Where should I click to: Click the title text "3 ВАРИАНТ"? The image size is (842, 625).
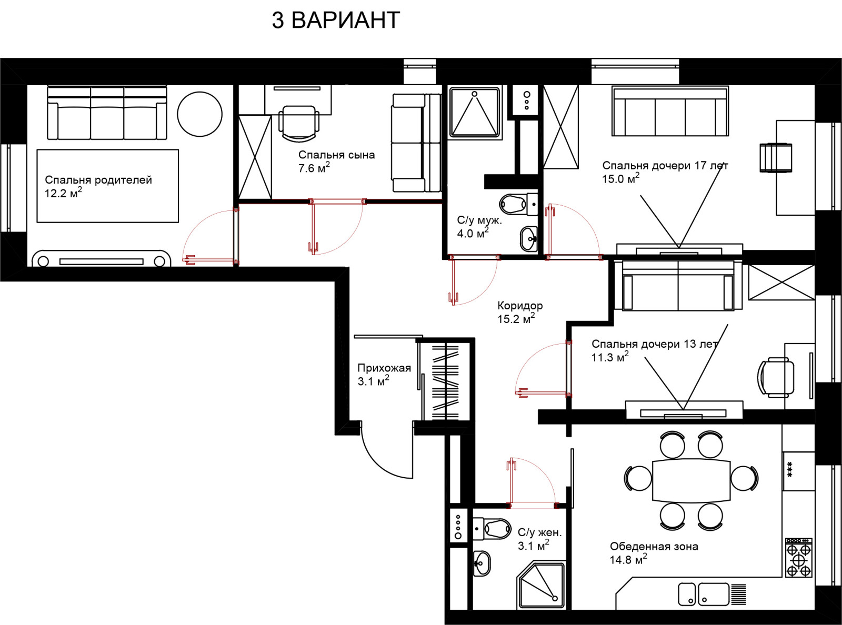coord(336,20)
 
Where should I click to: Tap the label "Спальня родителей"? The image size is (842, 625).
coord(98,180)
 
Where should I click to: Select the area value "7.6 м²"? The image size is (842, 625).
coord(314,168)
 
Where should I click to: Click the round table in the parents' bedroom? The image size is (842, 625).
coord(199,114)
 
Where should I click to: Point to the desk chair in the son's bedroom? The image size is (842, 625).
coord(299,123)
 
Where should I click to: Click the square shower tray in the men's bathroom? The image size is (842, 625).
coord(475,112)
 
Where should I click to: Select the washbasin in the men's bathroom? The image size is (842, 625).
coord(529,239)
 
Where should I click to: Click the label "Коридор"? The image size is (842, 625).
coord(520,306)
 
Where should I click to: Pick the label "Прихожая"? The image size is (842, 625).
coord(384,368)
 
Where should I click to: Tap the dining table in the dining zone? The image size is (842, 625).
coord(691,481)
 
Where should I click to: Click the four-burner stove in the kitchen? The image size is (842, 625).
coord(799,558)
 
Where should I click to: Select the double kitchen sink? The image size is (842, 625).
coord(704,594)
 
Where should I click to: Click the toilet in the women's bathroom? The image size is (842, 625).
coord(491,528)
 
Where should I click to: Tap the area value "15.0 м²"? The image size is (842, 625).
coord(620,178)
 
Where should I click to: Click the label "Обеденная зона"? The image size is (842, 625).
coord(654,547)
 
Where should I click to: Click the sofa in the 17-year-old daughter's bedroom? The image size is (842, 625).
coord(670,111)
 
